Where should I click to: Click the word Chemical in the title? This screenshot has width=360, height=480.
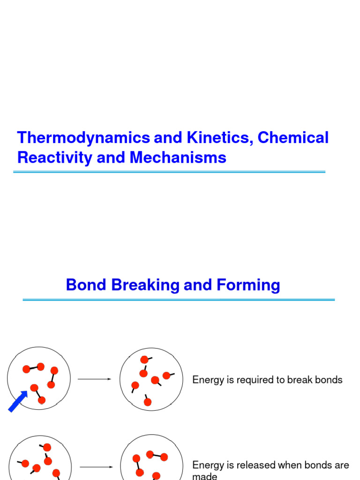(x=293, y=138)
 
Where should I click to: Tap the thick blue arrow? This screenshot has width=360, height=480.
(x=18, y=402)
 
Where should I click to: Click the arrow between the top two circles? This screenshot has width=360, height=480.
(x=94, y=379)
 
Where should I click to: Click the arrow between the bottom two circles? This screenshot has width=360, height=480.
(x=96, y=467)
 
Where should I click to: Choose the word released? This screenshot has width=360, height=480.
(x=256, y=465)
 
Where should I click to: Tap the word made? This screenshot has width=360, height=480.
(x=205, y=476)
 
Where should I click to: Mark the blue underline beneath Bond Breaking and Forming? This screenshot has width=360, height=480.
(x=179, y=300)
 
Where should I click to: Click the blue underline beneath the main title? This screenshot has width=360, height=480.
(x=169, y=172)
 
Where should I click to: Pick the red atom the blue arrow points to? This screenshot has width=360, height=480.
(x=34, y=388)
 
